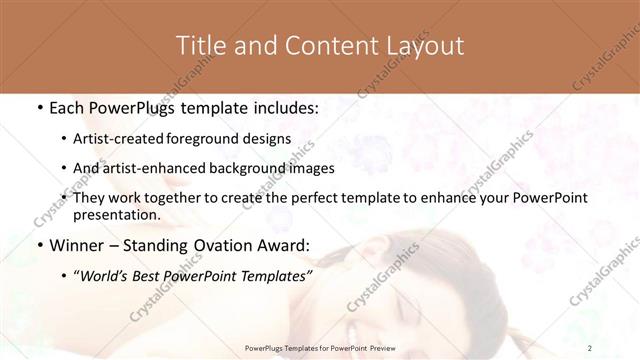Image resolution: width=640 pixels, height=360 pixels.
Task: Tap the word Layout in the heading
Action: click(424, 45)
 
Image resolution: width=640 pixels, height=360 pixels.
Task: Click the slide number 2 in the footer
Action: click(591, 348)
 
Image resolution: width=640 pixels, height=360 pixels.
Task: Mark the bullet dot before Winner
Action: click(38, 245)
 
